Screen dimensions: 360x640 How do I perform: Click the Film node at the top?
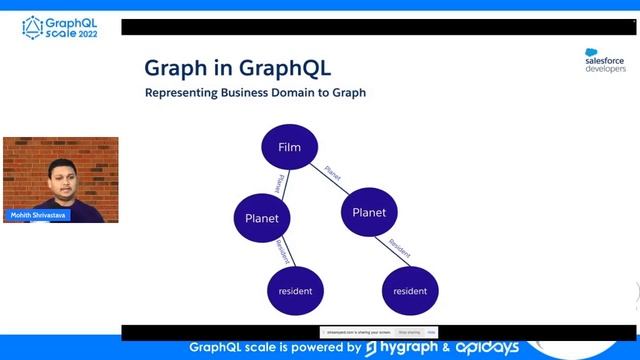click(289, 148)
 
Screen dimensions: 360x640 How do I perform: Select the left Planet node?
click(268, 218)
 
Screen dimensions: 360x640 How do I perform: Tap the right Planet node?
click(369, 212)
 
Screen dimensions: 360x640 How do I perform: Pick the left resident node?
click(290, 291)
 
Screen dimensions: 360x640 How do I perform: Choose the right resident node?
click(410, 291)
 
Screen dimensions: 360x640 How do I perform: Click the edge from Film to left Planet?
click(279, 183)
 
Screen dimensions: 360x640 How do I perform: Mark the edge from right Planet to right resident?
click(391, 251)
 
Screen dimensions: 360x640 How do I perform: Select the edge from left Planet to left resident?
click(279, 254)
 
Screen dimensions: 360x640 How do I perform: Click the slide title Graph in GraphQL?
click(237, 68)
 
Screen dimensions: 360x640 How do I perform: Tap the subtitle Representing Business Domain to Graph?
click(255, 93)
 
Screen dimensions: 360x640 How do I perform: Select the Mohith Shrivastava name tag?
click(38, 215)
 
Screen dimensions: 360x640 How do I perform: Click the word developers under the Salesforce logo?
click(604, 69)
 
